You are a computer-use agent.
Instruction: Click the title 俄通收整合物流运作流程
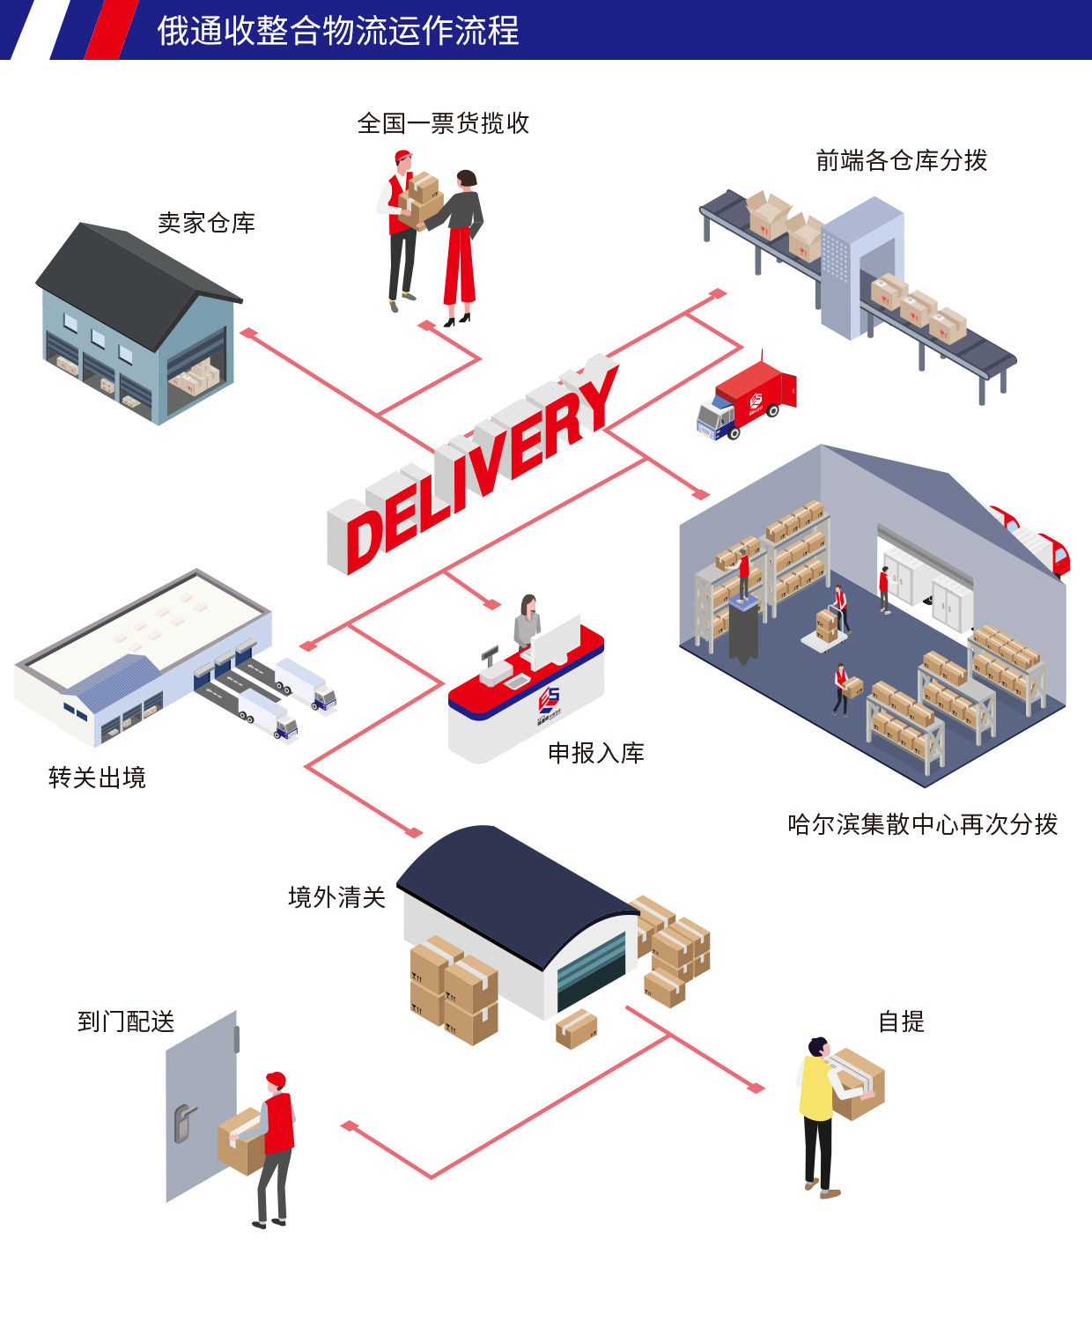(338, 31)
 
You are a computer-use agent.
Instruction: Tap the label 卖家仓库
(206, 223)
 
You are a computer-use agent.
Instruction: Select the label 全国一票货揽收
(443, 123)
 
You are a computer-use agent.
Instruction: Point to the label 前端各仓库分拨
(901, 160)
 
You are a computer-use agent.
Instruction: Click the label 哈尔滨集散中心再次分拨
(922, 824)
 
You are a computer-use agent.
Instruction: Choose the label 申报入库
(596, 753)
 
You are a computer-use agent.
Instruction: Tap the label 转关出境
(97, 778)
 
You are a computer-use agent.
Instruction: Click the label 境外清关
(336, 897)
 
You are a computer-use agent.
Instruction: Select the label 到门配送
(126, 1021)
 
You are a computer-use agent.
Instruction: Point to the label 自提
(901, 1021)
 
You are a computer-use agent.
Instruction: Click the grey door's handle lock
(183, 1124)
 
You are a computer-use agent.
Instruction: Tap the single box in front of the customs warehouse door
(577, 1028)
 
